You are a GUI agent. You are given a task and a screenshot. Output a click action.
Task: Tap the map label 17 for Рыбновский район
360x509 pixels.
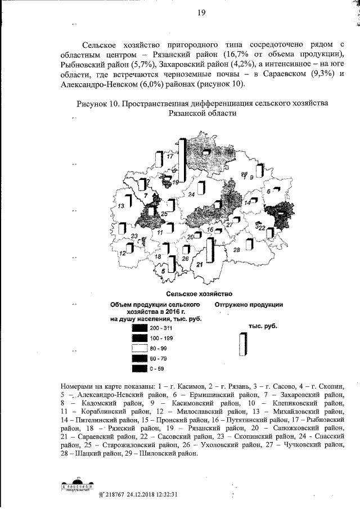click(x=169, y=158)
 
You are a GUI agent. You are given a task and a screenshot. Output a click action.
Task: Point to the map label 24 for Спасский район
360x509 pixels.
click(x=192, y=194)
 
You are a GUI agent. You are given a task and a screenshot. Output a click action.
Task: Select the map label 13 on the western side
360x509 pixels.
click(x=120, y=208)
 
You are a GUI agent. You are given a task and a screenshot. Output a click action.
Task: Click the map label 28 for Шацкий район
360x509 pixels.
click(x=237, y=249)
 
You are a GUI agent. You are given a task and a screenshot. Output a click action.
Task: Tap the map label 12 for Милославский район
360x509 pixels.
click(x=122, y=254)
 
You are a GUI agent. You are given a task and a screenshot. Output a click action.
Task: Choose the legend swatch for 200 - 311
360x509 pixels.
click(x=139, y=328)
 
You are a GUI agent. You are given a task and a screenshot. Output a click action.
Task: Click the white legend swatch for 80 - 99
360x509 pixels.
click(x=139, y=348)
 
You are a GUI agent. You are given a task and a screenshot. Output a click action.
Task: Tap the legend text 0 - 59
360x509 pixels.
click(x=157, y=368)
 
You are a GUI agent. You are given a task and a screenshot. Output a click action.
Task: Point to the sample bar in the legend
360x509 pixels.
click(x=242, y=344)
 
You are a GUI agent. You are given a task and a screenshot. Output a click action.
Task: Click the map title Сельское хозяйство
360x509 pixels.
click(x=195, y=294)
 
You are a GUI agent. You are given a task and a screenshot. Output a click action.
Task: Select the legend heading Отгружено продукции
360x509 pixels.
click(x=248, y=304)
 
